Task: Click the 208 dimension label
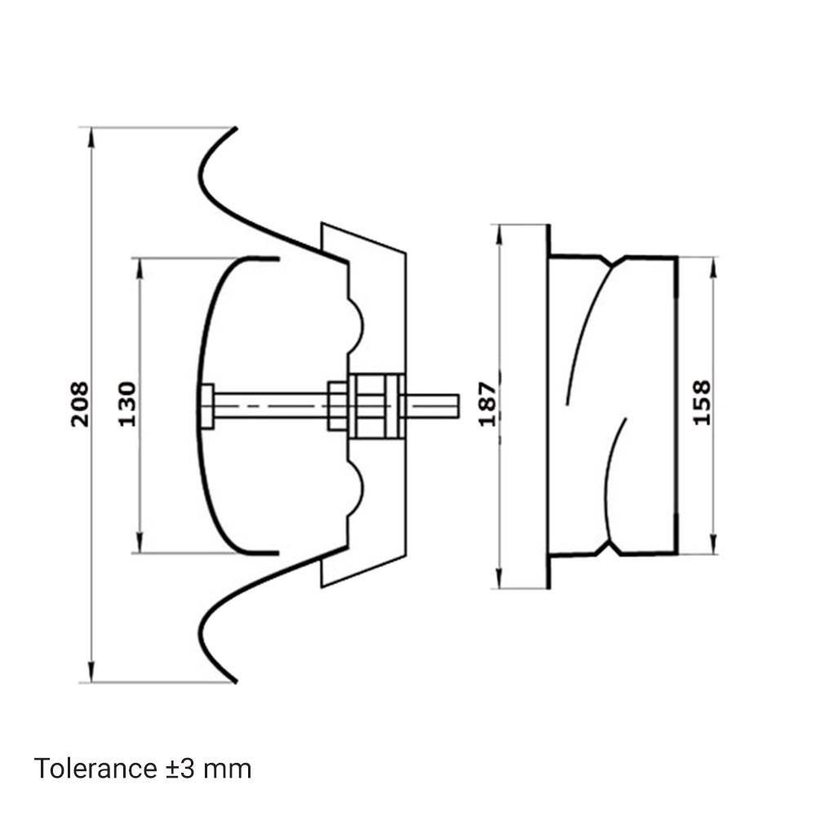point(80,404)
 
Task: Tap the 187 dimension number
point(488,404)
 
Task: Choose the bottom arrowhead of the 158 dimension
point(714,544)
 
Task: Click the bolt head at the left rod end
point(207,406)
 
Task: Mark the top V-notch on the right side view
point(613,261)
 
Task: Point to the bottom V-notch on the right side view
point(613,548)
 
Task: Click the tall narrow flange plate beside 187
point(524,406)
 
